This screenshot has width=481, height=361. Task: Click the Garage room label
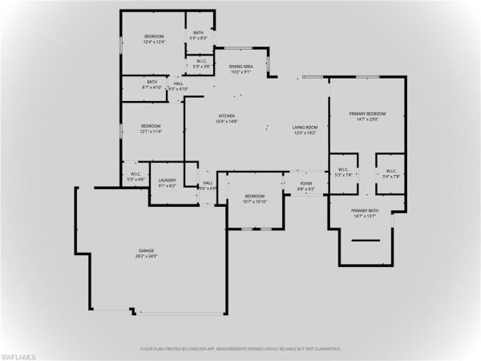click(145, 251)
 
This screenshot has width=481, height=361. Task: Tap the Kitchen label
click(227, 116)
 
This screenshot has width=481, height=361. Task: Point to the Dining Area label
click(241, 67)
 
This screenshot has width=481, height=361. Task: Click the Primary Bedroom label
click(363, 114)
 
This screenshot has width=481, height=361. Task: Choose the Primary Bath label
click(363, 211)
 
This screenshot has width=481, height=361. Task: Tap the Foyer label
click(305, 183)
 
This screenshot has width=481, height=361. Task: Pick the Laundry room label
click(167, 180)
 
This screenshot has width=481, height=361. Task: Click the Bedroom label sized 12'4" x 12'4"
click(155, 36)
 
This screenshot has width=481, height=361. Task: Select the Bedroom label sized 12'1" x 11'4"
click(151, 126)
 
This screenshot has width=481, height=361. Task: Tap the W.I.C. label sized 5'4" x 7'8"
click(390, 170)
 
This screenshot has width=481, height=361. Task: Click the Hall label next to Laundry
click(208, 183)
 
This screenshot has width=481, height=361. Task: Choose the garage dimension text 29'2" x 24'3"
click(145, 257)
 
